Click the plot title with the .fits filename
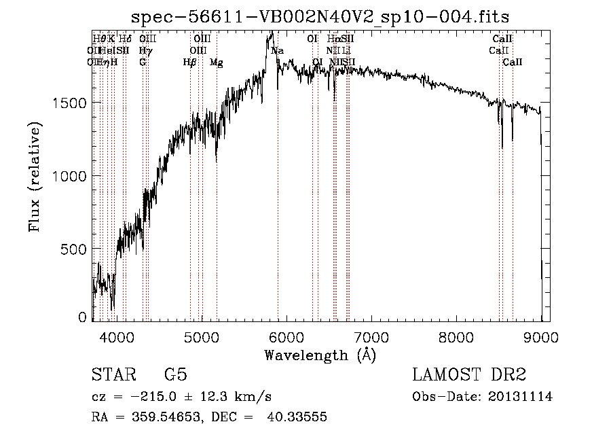(320, 16)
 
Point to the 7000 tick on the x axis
(371, 336)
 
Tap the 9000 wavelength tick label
(541, 336)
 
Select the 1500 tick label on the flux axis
(70, 103)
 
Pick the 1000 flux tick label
(70, 176)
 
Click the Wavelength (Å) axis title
(320, 355)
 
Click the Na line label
(277, 51)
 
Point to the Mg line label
(216, 63)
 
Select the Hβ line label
(190, 63)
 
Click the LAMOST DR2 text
(469, 375)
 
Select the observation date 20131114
(522, 397)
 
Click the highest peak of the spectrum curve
(272, 32)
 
